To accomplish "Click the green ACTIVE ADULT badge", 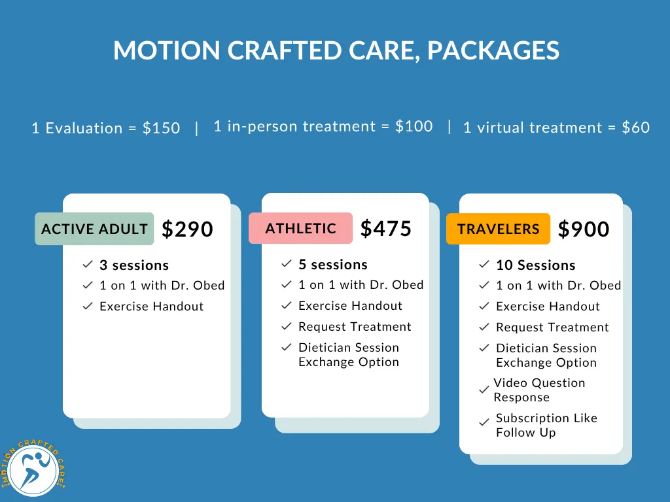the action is coord(94,229).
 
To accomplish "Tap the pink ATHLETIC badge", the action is coord(301,228).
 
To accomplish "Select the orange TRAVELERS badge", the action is coord(498,229).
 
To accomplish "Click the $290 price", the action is coord(187,229).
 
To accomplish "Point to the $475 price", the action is coord(386,228).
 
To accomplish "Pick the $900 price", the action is coord(584,229).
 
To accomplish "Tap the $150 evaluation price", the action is coord(161,128).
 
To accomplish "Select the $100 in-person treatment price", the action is coord(414,126).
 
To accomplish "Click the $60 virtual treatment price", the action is coord(635,127).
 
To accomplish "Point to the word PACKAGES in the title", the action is coord(493,50).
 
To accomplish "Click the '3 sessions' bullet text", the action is coord(134,265).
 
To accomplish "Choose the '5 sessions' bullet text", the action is coord(333,265).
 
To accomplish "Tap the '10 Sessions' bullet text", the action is coord(536,265).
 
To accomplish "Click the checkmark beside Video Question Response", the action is coord(484,390).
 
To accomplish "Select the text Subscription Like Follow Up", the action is coord(546,425).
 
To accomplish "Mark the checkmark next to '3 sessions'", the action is coord(88,265).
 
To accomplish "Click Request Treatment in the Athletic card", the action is coord(355,327).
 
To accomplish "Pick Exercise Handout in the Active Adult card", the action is coord(151,307).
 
